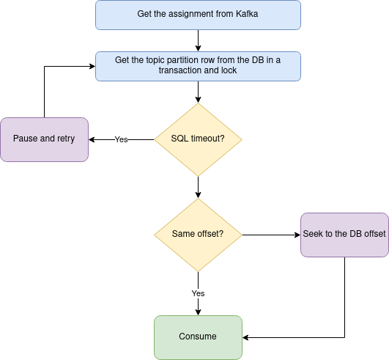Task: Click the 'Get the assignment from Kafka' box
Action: tap(198, 15)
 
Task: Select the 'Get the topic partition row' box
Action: tap(198, 66)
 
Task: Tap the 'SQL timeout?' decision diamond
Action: tap(198, 139)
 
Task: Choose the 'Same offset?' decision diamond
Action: tap(198, 235)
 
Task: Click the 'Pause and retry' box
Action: tap(45, 139)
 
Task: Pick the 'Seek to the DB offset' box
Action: tap(344, 235)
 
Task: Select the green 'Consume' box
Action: tap(198, 338)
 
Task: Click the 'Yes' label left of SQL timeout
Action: tap(121, 139)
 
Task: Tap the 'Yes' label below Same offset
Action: tap(198, 293)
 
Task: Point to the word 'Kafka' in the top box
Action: tap(247, 14)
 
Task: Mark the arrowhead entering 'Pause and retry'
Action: tap(92, 139)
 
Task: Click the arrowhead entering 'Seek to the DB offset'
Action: tap(297, 235)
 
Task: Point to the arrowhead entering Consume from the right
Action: tap(245, 338)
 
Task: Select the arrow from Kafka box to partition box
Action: tap(198, 41)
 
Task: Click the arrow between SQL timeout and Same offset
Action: tap(198, 188)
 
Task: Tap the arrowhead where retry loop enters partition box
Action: tap(92, 66)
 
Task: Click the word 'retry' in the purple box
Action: tap(66, 139)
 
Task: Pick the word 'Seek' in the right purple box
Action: tap(311, 234)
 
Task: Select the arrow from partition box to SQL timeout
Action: tap(198, 92)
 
